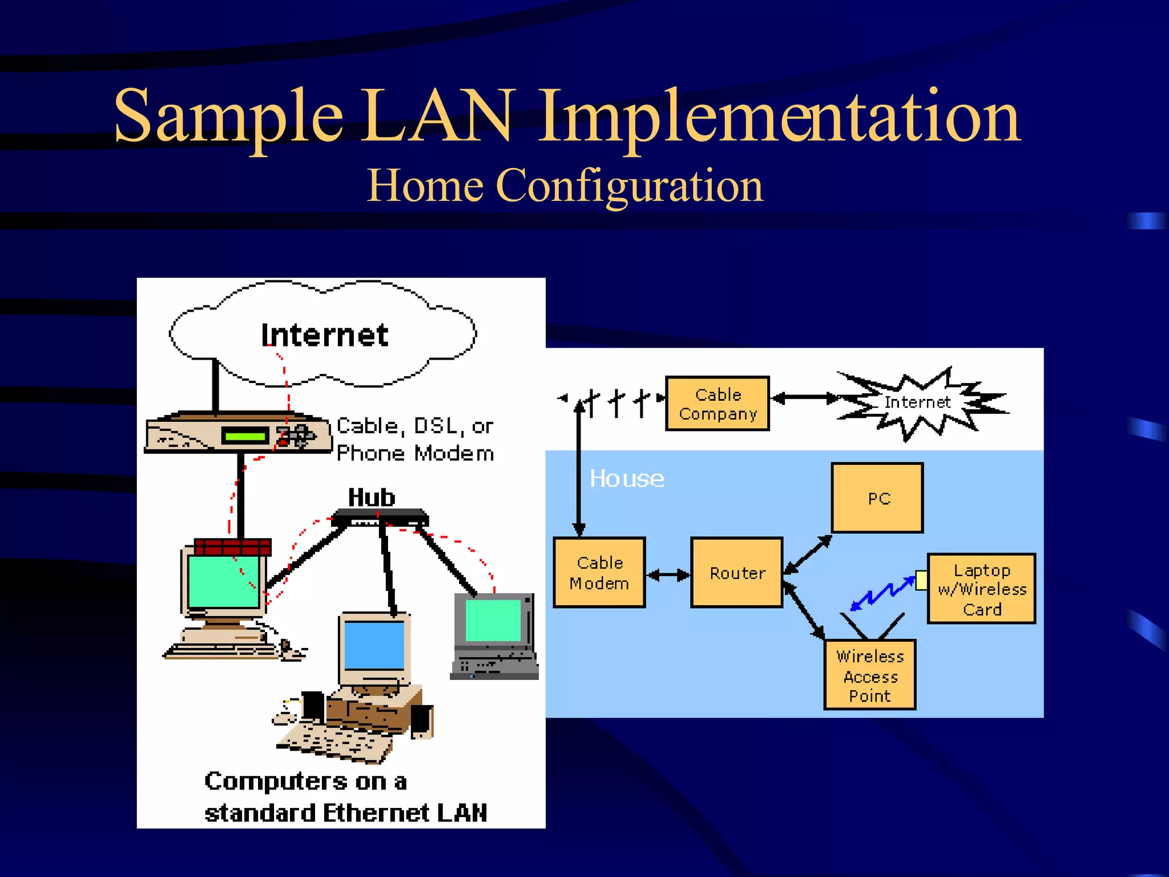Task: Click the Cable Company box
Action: (x=717, y=403)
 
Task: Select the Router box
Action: (x=737, y=572)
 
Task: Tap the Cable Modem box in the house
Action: (x=599, y=572)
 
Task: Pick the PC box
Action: (x=877, y=498)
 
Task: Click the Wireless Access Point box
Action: (x=870, y=675)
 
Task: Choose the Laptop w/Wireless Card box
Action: (x=982, y=589)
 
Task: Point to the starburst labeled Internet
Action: (x=917, y=403)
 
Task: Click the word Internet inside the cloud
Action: (x=324, y=335)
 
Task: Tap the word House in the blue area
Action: (x=627, y=478)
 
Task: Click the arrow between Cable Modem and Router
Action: (x=668, y=574)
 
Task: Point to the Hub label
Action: (x=372, y=497)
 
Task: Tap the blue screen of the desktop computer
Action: (x=374, y=645)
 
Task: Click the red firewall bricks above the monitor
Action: (x=232, y=546)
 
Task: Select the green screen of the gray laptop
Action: (x=493, y=620)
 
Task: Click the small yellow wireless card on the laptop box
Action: (x=921, y=580)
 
